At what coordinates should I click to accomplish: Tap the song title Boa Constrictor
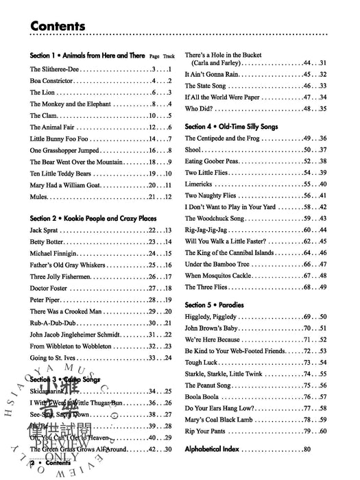tap(54, 81)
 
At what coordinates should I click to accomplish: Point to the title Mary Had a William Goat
tap(68, 184)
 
